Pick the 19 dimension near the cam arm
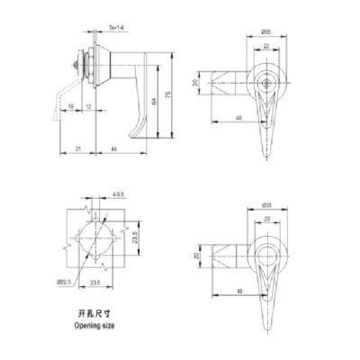point(70,107)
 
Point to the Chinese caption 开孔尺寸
point(94,314)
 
